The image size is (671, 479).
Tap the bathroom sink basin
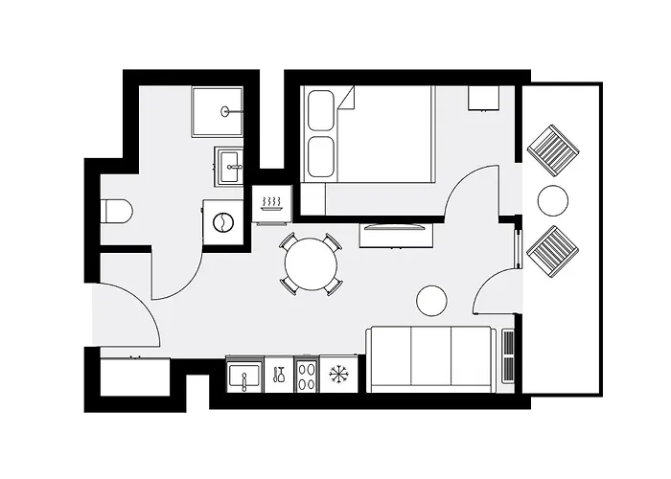[229, 168]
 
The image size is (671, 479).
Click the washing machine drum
[222, 220]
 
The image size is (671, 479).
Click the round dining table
[311, 262]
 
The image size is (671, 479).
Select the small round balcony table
[553, 200]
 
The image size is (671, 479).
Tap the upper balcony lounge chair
[554, 148]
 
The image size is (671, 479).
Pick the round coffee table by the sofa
[431, 301]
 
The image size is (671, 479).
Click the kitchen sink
[243, 374]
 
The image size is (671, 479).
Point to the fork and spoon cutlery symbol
[278, 374]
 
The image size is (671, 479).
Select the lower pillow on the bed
[319, 156]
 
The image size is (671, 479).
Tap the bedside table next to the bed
[481, 98]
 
